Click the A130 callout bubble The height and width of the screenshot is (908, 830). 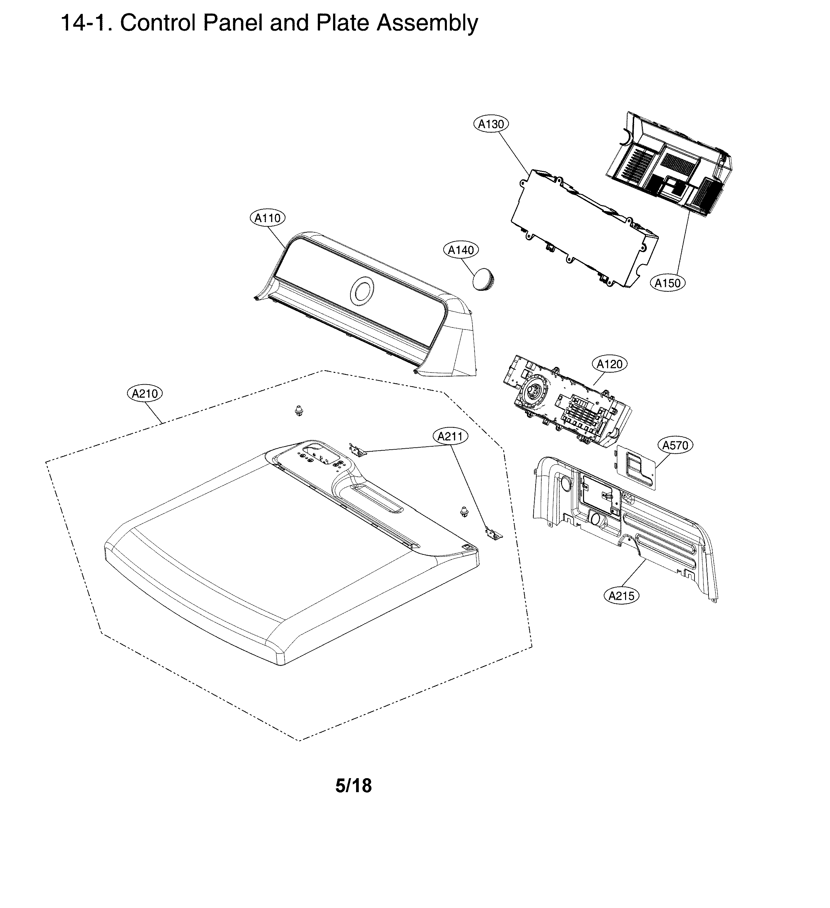pos(491,124)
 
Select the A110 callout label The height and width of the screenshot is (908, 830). pos(268,218)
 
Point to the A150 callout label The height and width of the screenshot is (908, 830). pos(667,283)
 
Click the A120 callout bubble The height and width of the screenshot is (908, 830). pos(609,364)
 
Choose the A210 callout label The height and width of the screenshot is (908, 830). pos(144,394)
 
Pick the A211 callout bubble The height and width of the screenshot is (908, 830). pos(450,436)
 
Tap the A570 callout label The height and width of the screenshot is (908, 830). pos(675,445)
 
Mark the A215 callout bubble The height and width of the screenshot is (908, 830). pos(621,596)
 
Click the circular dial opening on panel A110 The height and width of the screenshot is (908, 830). pos(362,290)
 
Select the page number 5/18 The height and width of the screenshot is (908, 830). pos(353,785)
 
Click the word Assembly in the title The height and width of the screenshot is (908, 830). pos(427,23)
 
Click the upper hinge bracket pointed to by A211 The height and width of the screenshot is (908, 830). pos(358,449)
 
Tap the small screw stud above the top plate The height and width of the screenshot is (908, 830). pos(298,410)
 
